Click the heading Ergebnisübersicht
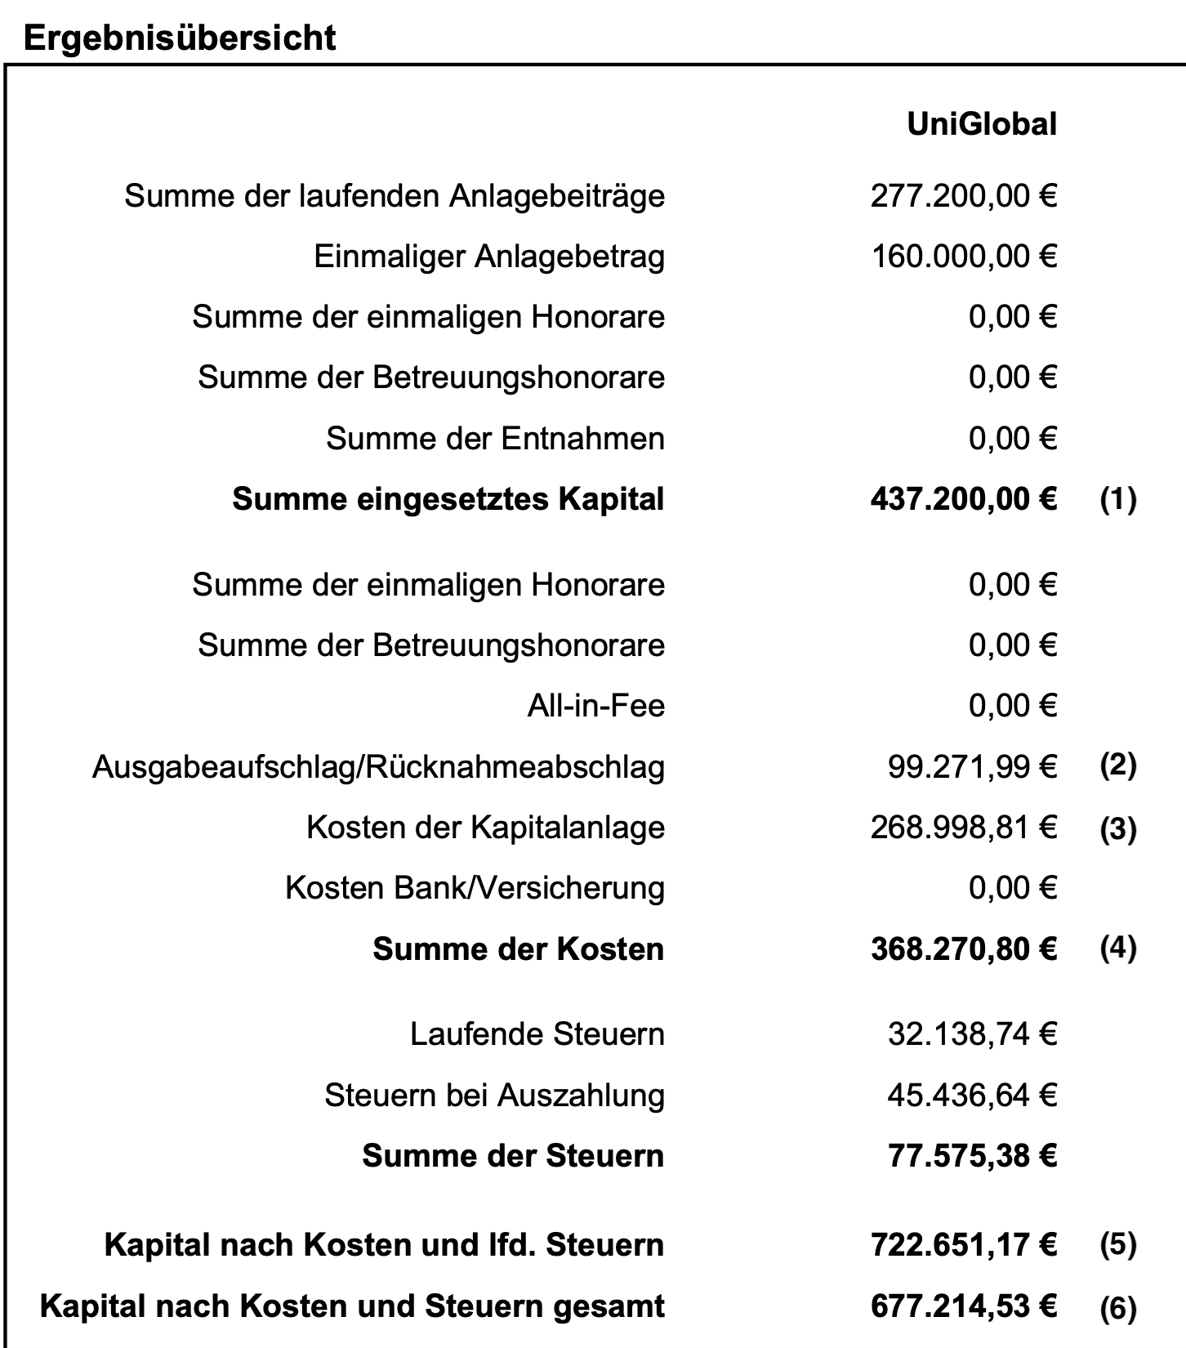(x=180, y=38)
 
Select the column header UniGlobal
(x=981, y=124)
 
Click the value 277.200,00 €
(x=963, y=196)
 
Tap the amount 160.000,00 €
(x=964, y=257)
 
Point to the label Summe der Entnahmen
(x=495, y=439)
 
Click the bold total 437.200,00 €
(x=963, y=498)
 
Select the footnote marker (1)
(x=1117, y=498)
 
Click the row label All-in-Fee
(x=595, y=705)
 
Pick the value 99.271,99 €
(x=972, y=766)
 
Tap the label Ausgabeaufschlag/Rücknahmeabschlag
(x=378, y=766)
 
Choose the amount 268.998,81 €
(x=963, y=827)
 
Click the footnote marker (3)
(x=1117, y=828)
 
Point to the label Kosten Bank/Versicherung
(x=475, y=887)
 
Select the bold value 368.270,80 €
(x=963, y=949)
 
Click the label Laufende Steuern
(x=537, y=1033)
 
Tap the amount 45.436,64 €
(x=972, y=1095)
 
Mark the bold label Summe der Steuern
(x=513, y=1155)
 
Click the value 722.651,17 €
(x=963, y=1244)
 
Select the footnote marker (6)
(x=1117, y=1308)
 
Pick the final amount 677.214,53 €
(x=963, y=1306)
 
